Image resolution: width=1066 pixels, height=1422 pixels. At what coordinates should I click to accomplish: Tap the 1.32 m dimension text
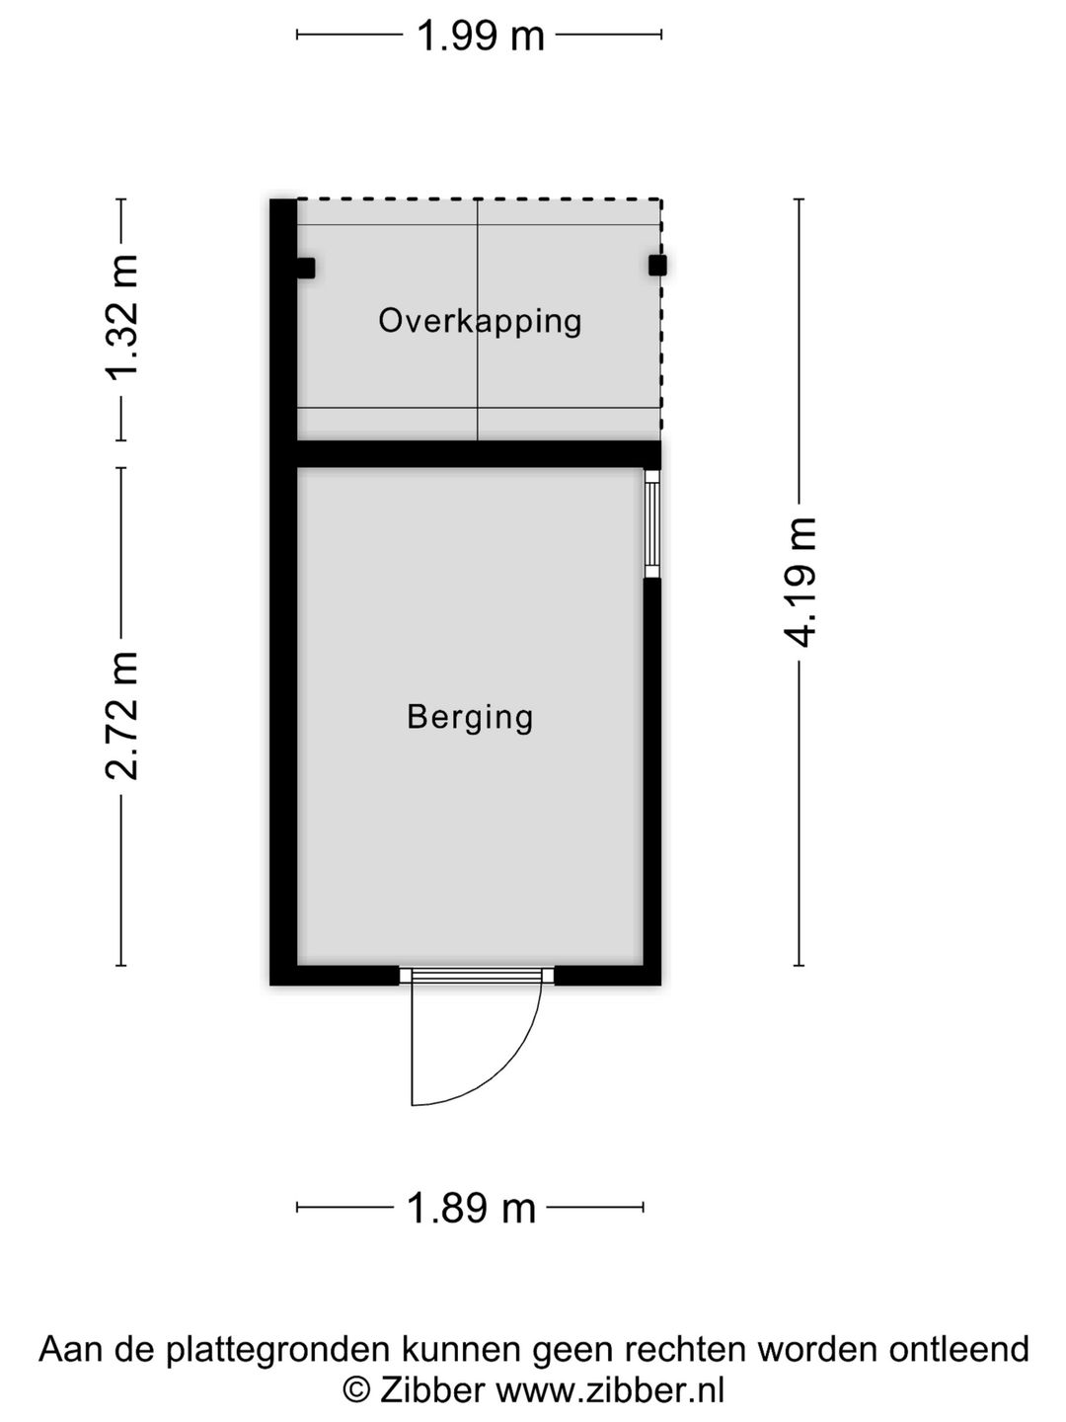click(121, 317)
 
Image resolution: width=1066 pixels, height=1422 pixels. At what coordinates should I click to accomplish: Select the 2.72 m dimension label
click(121, 715)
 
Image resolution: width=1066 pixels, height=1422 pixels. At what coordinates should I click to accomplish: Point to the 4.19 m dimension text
click(799, 583)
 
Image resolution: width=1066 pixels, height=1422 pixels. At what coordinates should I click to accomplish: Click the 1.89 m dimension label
click(471, 1209)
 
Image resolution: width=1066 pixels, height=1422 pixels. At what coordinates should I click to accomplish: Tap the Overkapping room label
click(480, 322)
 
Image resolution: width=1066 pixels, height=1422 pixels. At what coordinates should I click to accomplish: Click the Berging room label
click(470, 718)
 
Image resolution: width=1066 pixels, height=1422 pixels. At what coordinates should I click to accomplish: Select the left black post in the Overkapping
click(306, 268)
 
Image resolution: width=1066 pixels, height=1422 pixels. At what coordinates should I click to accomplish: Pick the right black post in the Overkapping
click(657, 265)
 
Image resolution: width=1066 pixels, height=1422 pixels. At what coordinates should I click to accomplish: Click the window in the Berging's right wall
click(651, 524)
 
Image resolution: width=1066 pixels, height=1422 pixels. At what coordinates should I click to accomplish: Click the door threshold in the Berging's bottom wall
click(477, 977)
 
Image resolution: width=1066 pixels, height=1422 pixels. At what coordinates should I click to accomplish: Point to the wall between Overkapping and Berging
click(479, 454)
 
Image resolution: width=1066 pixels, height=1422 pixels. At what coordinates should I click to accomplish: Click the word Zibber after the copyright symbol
click(432, 1390)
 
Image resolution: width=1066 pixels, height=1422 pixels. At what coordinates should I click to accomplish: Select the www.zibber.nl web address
click(610, 1390)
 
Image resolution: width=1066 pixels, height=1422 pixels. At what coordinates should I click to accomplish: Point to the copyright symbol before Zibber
click(356, 1391)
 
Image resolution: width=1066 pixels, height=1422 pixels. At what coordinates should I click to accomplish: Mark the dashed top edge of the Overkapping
click(479, 199)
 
